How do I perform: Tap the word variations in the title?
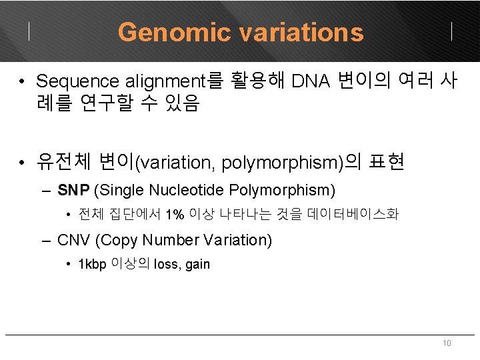point(297,32)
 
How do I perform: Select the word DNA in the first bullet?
point(311,81)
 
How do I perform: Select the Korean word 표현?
point(386,163)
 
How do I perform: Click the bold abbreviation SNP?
point(73,190)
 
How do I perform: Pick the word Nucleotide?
point(186,190)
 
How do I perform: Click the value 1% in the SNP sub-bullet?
point(175,215)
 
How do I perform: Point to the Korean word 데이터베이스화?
point(353,215)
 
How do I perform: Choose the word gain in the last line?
point(198,265)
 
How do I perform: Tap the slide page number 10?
point(447,343)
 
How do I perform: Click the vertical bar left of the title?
point(29,31)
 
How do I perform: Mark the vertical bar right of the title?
point(452,31)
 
